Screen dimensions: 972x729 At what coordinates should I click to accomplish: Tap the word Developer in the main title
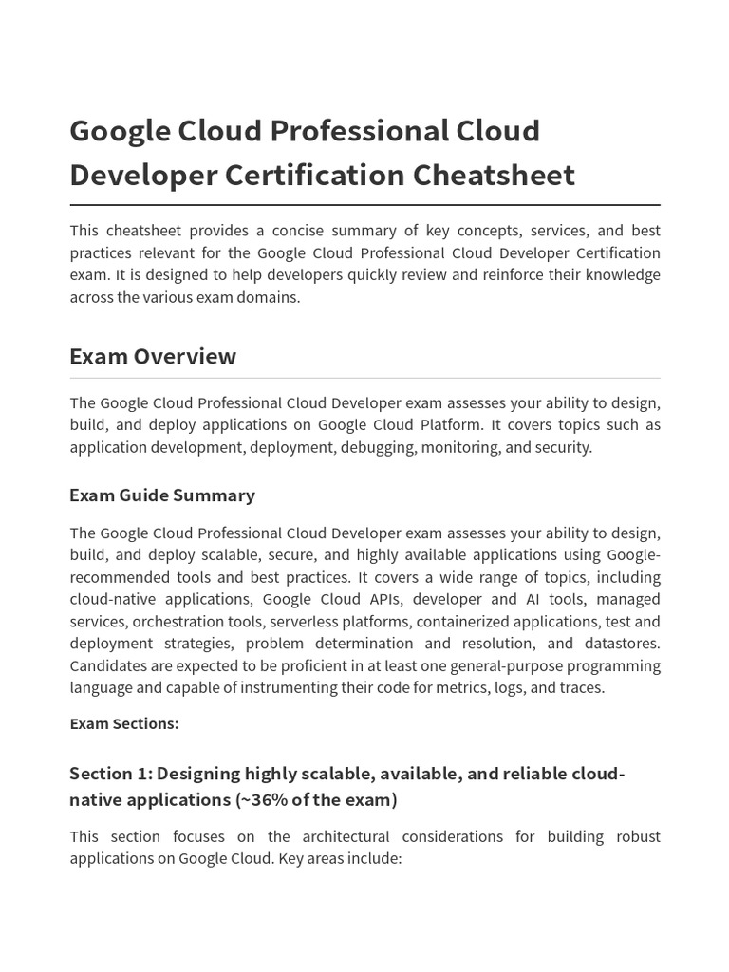pyautogui.click(x=143, y=176)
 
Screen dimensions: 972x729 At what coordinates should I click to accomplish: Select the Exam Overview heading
pyautogui.click(x=153, y=356)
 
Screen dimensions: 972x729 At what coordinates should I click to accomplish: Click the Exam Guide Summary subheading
pyautogui.click(x=162, y=495)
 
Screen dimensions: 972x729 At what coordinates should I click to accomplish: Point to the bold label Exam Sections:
pyautogui.click(x=123, y=723)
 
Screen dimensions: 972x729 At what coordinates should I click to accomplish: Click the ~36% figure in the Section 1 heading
pyautogui.click(x=262, y=799)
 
